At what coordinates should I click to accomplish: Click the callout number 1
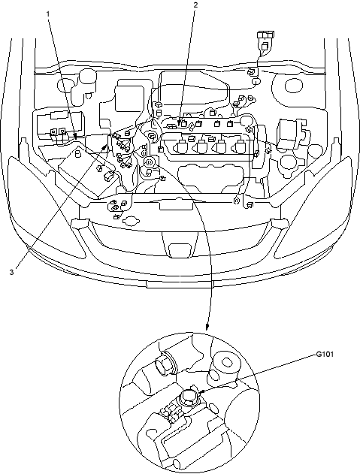tap(48, 14)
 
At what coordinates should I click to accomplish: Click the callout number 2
tap(195, 5)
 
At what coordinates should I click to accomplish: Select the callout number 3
tap(11, 272)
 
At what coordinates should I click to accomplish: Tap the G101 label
tap(325, 354)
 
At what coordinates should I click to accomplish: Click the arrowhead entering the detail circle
tap(207, 327)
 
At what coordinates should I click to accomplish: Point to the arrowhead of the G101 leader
tap(202, 392)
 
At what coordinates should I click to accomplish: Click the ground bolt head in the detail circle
tap(188, 396)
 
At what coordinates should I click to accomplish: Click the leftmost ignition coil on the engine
tap(180, 146)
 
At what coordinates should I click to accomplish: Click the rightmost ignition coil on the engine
tap(241, 146)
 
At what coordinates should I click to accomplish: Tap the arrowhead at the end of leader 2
tap(180, 123)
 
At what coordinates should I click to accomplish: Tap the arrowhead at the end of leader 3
tap(105, 147)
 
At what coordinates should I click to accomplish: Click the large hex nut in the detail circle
tap(165, 365)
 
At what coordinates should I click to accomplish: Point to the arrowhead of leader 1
tap(75, 136)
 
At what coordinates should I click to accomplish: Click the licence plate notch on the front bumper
tap(180, 284)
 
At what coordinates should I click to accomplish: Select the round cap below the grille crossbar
tap(132, 221)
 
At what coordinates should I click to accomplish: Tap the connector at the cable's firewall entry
tap(252, 71)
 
